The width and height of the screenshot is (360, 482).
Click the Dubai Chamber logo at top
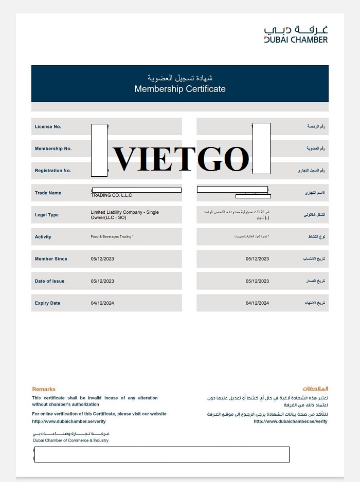pyautogui.click(x=296, y=34)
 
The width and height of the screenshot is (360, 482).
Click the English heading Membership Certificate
pyautogui.click(x=180, y=89)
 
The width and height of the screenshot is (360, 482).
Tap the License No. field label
pyautogui.click(x=48, y=126)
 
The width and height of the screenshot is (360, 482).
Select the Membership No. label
pyautogui.click(x=53, y=149)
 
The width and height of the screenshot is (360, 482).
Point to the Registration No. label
pyautogui.click(x=53, y=171)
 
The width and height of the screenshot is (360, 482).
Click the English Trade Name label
pyautogui.click(x=48, y=193)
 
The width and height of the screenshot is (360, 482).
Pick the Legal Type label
pyautogui.click(x=47, y=215)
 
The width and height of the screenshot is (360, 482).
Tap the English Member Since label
pyautogui.click(x=51, y=259)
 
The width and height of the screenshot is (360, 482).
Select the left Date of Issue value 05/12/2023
pyautogui.click(x=102, y=281)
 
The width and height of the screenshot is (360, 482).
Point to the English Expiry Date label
pyautogui.click(x=47, y=303)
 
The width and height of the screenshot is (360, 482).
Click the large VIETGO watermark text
pyautogui.click(x=181, y=159)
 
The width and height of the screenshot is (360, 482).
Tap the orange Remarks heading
pyautogui.click(x=44, y=389)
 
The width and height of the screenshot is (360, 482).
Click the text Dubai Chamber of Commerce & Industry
pyautogui.click(x=70, y=440)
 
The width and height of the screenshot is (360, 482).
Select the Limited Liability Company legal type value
pyautogui.click(x=124, y=215)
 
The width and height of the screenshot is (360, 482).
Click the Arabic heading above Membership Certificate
pyautogui.click(x=180, y=78)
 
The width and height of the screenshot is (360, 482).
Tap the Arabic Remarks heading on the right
pyautogui.click(x=315, y=389)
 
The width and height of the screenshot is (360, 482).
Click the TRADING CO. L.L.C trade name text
pyautogui.click(x=112, y=195)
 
